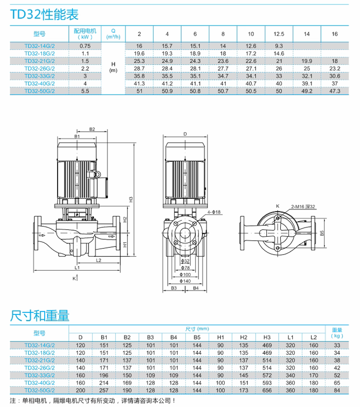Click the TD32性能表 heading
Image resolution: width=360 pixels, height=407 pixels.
(x=45, y=14)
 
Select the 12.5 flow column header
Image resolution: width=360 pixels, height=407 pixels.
(x=279, y=34)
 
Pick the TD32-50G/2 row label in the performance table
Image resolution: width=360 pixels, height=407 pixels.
(x=39, y=91)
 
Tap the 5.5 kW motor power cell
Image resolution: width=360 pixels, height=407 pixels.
(x=85, y=91)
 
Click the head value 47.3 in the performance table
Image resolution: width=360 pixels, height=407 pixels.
(x=334, y=91)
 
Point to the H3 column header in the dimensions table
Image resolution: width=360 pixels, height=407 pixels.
(x=267, y=337)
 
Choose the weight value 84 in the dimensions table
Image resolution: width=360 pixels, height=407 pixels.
(x=337, y=390)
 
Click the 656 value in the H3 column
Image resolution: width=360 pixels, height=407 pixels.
(x=267, y=390)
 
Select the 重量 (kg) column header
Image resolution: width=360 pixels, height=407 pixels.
(x=337, y=332)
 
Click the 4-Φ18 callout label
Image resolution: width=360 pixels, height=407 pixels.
(x=214, y=211)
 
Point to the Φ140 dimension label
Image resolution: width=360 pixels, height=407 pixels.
(x=185, y=281)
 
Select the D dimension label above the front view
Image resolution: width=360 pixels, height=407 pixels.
(x=185, y=134)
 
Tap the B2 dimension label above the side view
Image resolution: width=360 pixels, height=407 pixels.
(x=92, y=129)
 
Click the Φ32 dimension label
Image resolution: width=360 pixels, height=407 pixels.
(x=185, y=261)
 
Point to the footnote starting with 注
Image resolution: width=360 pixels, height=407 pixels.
(x=93, y=400)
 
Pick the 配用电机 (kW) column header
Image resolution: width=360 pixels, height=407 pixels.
(x=85, y=34)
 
